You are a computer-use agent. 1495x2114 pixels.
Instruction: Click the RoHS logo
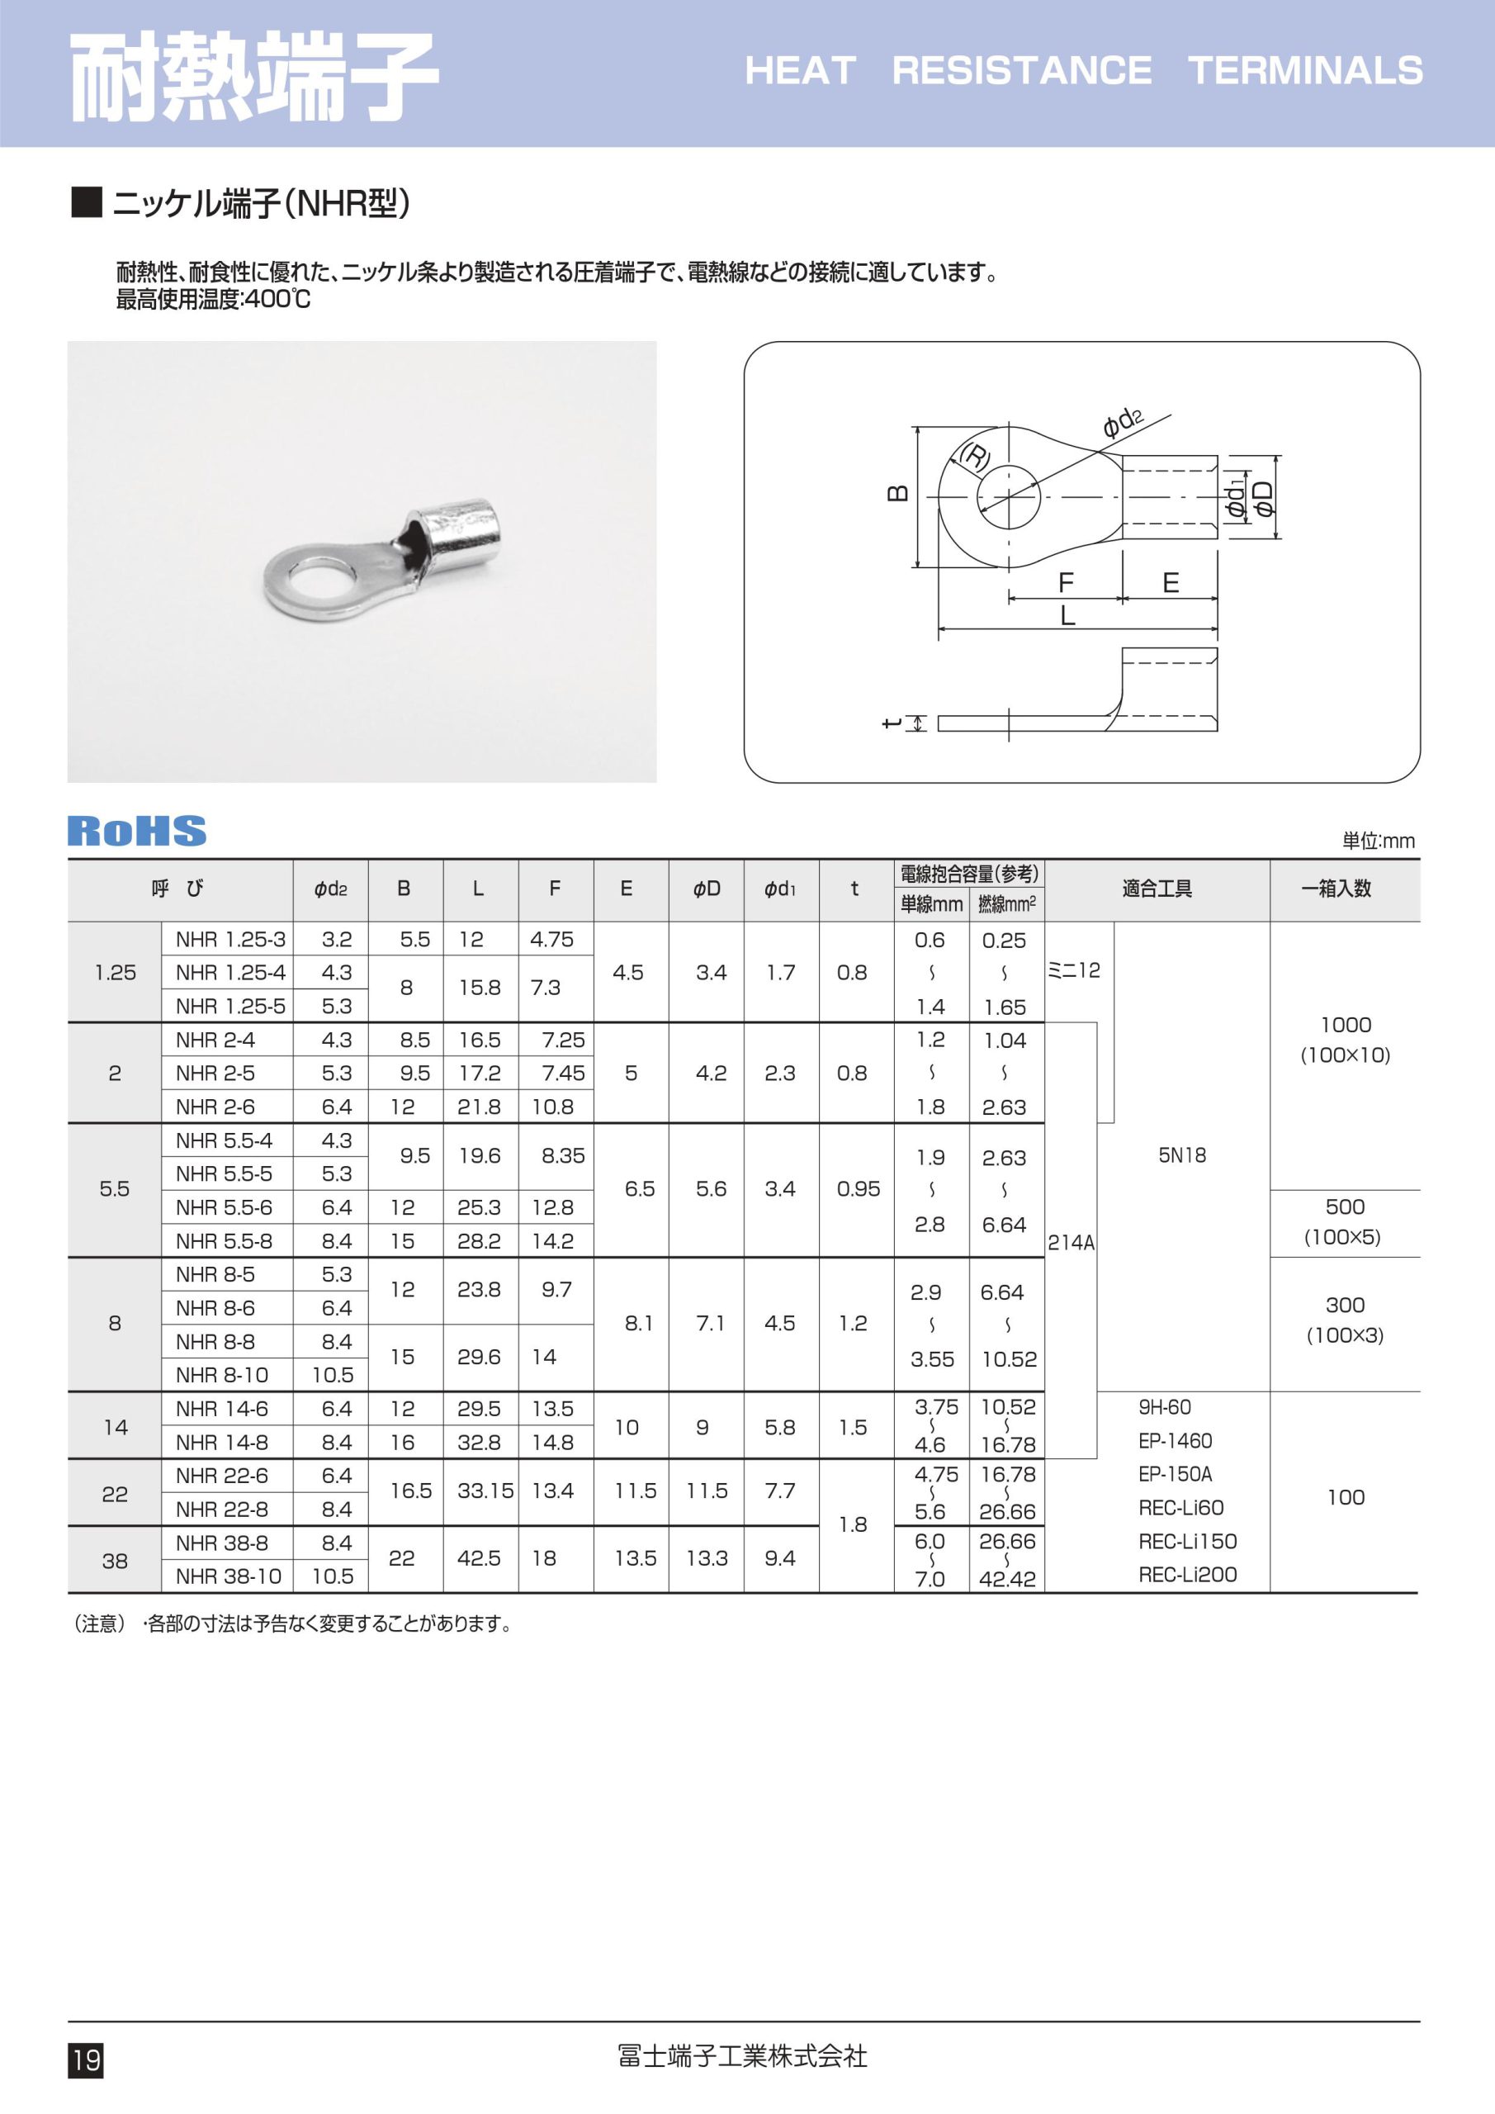(137, 831)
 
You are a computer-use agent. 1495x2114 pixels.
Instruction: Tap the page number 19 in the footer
(86, 2059)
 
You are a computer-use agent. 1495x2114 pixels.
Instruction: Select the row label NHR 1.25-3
(230, 939)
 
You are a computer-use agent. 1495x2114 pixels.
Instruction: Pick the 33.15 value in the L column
(485, 1491)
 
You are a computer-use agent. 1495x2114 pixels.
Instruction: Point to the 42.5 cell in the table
(479, 1558)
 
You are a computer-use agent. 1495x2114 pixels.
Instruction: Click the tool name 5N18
(1182, 1155)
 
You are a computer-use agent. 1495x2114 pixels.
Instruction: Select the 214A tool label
(1072, 1243)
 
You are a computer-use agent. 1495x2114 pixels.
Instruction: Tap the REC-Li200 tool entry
(1188, 1576)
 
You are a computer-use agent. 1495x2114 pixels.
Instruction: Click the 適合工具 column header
(1157, 889)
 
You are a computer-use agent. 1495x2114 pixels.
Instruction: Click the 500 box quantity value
(1345, 1207)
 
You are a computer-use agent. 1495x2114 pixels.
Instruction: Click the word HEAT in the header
(800, 71)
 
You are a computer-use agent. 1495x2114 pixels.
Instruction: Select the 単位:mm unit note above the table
(1378, 841)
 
